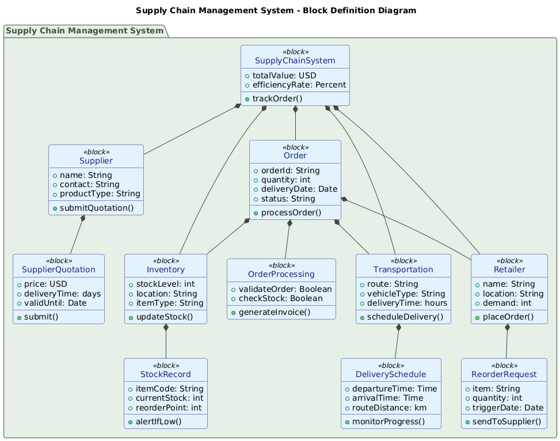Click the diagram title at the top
pos(280,10)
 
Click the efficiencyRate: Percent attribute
pos(299,85)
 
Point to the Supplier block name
pos(96,160)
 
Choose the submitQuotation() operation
pos(99,207)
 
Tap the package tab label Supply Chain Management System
pos(85,31)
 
